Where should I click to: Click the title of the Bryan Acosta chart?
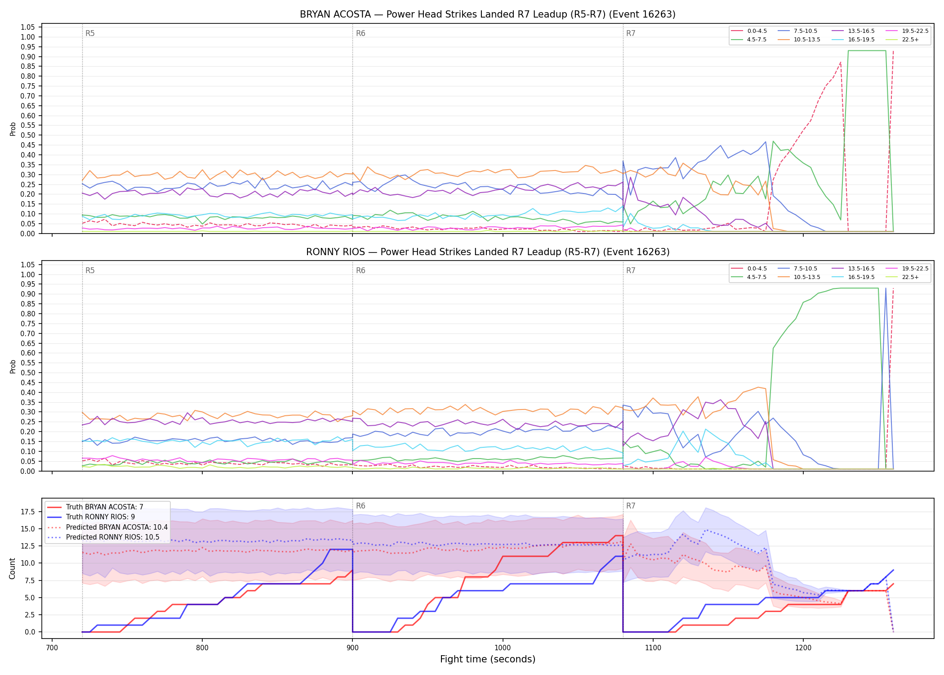488,14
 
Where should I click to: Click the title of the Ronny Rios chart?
488,252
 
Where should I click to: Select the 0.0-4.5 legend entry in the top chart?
749,31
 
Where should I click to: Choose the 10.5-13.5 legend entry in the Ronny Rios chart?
799,277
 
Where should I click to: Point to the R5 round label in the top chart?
90,33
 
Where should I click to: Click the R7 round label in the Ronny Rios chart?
631,270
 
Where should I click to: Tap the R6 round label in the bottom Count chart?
361,506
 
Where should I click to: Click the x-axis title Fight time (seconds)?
488,659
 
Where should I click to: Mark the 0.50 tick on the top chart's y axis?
28,135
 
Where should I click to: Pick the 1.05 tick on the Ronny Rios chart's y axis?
28,265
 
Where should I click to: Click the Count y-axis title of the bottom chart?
12,568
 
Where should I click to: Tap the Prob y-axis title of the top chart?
13,129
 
